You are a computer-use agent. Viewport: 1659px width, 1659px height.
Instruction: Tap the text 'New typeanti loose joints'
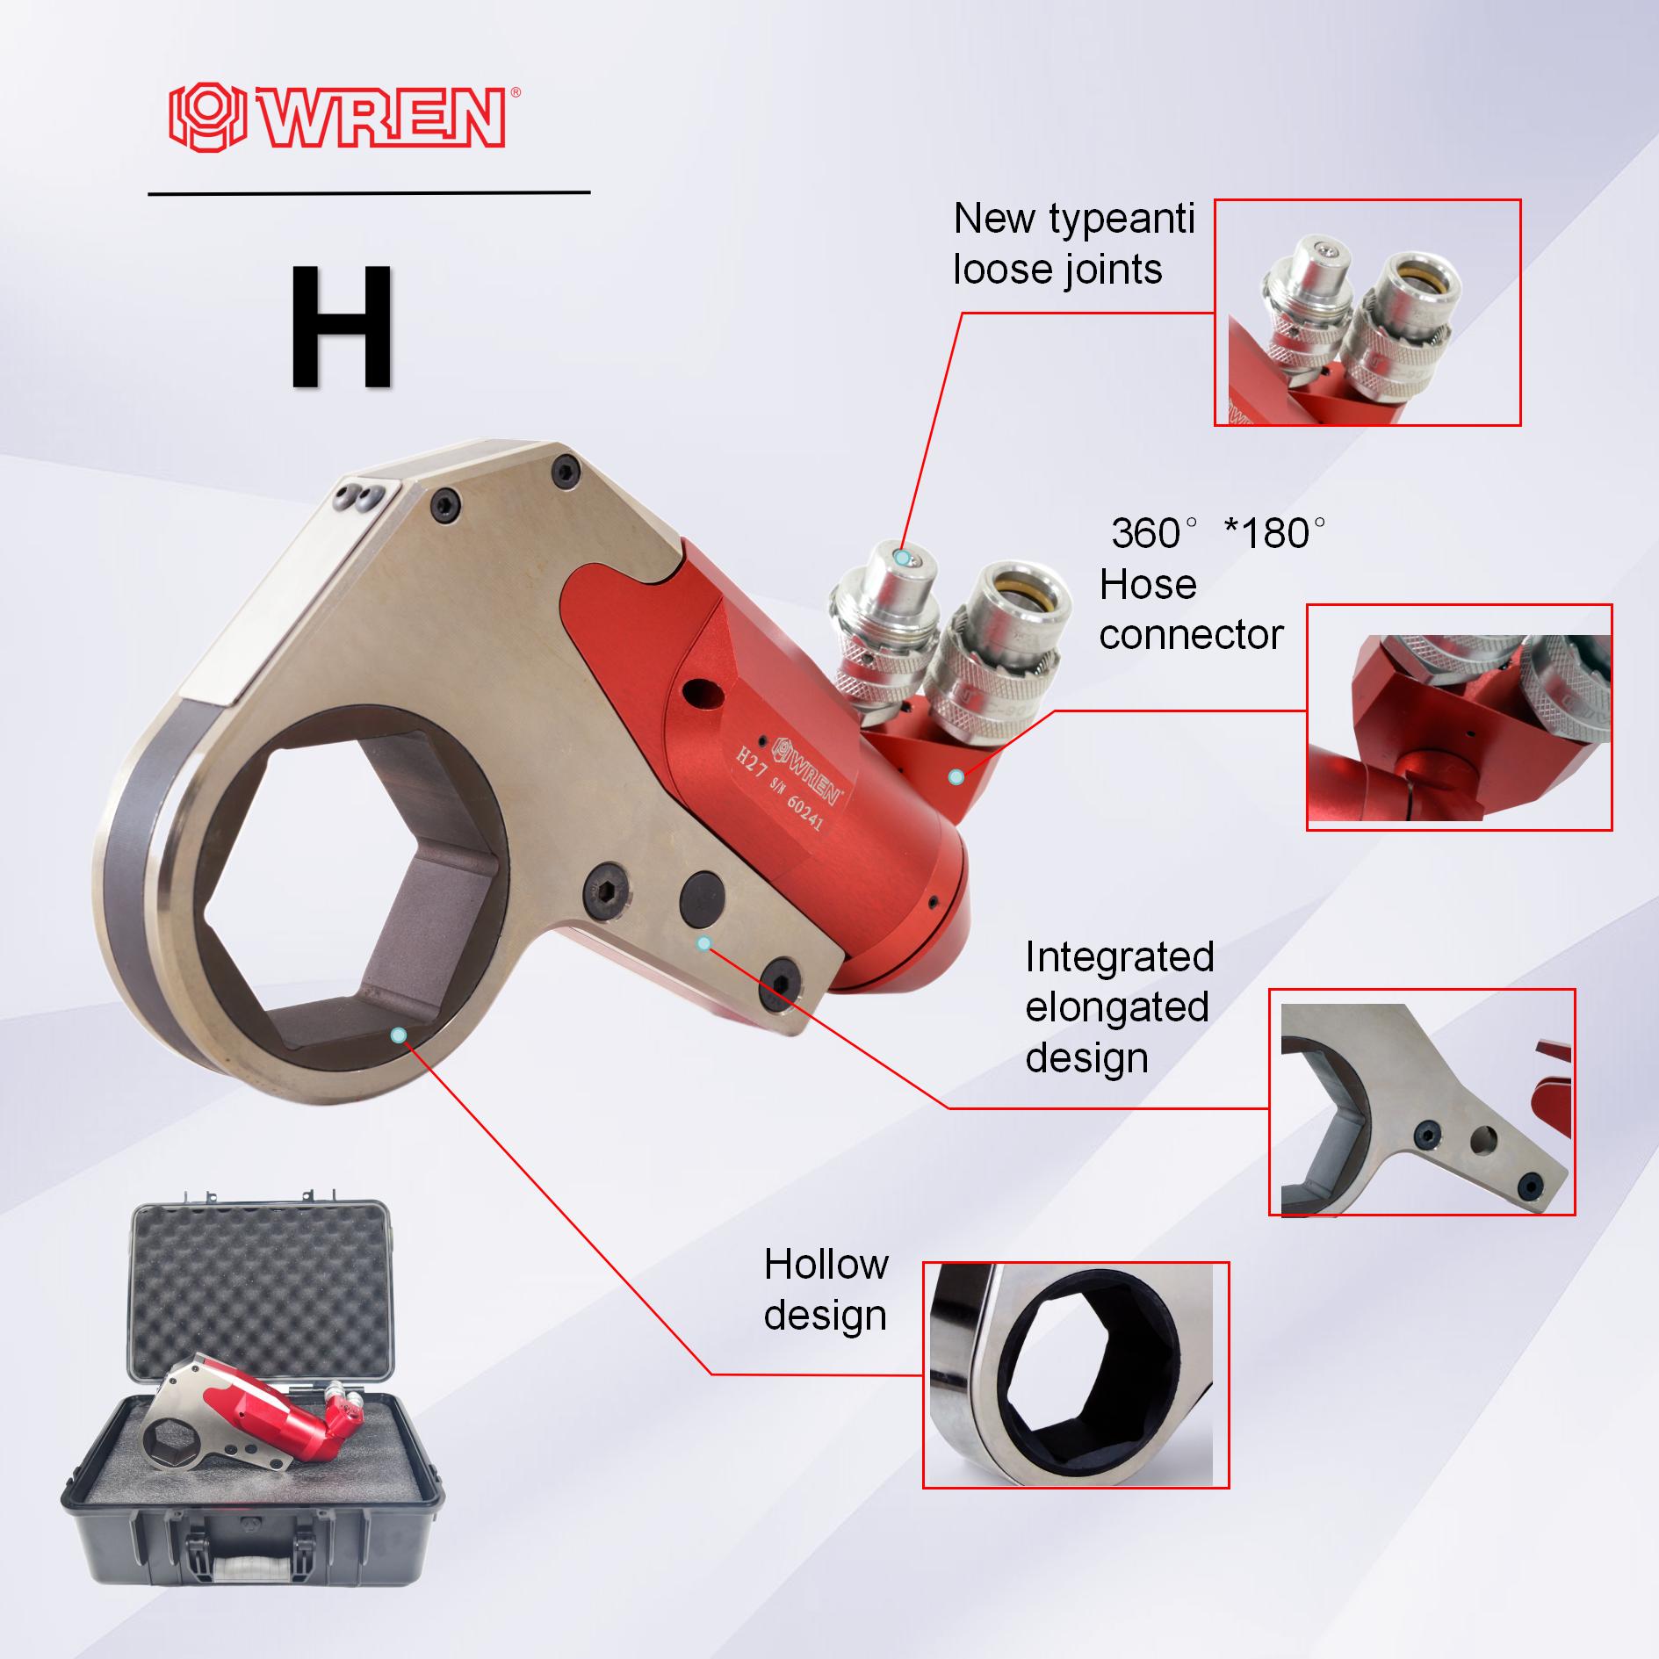point(1073,243)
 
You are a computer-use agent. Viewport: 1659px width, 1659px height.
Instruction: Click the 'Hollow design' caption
point(826,1289)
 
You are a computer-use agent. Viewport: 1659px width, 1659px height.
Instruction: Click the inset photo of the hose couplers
point(1367,313)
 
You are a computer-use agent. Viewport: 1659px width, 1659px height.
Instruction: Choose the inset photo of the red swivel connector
point(1459,717)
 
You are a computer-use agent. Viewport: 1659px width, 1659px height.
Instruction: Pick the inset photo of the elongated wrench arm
point(1421,1102)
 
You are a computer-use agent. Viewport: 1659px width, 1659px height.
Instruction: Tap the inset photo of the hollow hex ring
point(1075,1375)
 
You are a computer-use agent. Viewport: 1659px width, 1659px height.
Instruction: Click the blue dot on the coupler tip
point(902,557)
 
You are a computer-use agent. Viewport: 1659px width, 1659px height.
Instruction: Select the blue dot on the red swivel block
point(957,777)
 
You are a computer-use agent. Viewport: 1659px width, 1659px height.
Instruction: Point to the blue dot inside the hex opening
point(399,1035)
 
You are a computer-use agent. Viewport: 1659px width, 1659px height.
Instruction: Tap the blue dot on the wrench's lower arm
point(703,943)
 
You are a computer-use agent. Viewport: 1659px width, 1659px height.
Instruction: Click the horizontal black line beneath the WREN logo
point(369,191)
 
